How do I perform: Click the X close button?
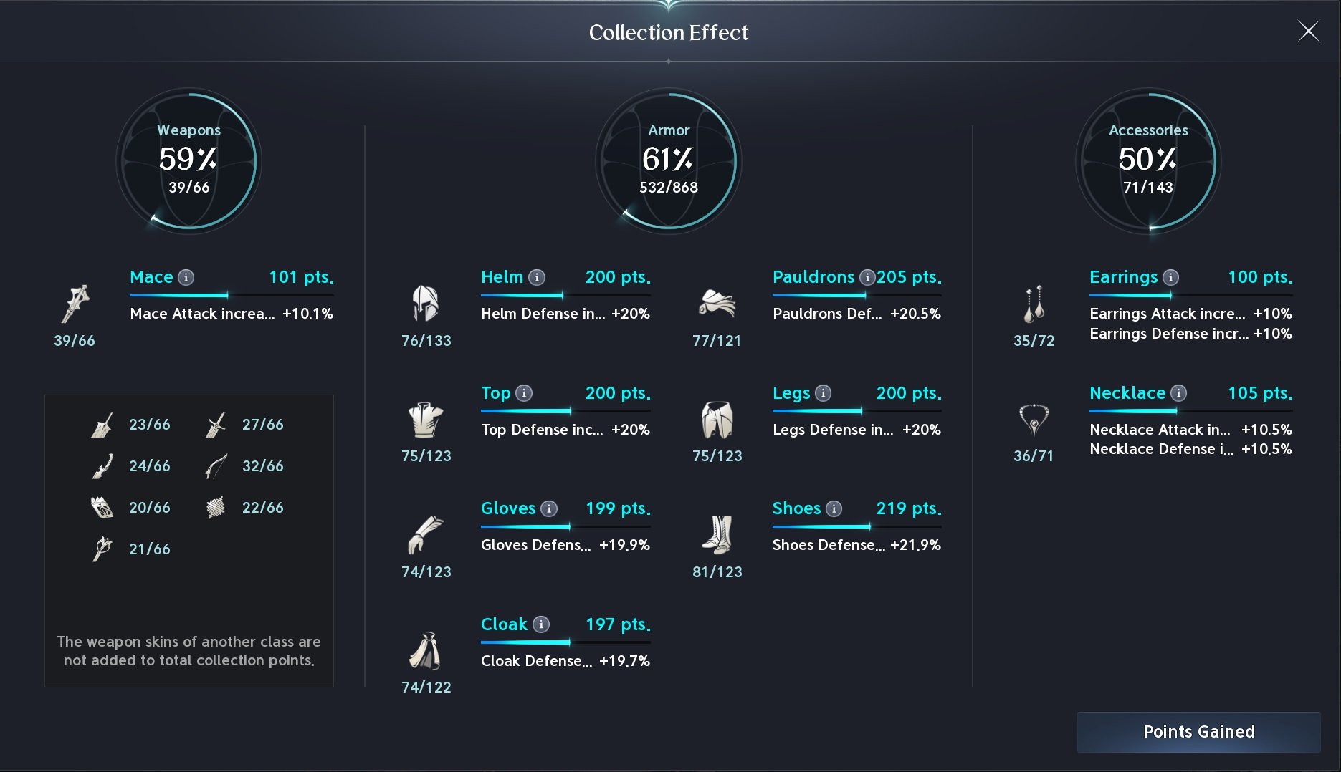tap(1309, 32)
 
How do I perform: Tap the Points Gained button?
tap(1198, 732)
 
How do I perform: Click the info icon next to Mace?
tap(186, 277)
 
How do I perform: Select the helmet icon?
tap(425, 303)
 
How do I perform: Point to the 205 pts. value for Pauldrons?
tap(909, 277)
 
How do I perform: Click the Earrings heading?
tap(1123, 277)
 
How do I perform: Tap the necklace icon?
tap(1034, 420)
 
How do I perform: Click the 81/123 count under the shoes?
tap(717, 571)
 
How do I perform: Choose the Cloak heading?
tap(504, 624)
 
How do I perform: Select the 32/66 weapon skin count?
tap(262, 466)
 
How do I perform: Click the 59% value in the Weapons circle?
tap(188, 158)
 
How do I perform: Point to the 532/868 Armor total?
tap(669, 188)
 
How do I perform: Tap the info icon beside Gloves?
tap(549, 508)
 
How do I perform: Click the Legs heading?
tap(791, 393)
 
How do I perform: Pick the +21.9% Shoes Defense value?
tap(915, 545)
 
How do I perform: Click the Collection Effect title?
tap(669, 32)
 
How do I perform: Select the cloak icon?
tap(425, 651)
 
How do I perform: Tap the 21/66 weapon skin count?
tap(149, 549)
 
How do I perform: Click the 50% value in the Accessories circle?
tap(1147, 158)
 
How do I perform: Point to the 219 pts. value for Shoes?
tap(909, 508)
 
